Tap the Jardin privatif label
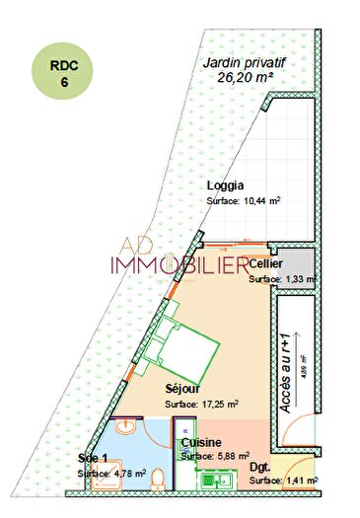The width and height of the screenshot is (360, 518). (242, 62)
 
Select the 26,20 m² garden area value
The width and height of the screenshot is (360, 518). (241, 78)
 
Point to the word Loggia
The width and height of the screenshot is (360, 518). (225, 185)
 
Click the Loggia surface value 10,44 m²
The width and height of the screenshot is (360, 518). (244, 200)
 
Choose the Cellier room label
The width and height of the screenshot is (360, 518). (267, 264)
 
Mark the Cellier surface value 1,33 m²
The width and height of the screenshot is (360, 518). (282, 279)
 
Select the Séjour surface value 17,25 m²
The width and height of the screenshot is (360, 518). (201, 404)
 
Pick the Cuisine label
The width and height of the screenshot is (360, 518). (201, 443)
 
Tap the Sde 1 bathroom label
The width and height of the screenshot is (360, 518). (94, 460)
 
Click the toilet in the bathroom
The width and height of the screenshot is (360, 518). (157, 480)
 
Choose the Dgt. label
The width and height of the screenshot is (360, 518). (261, 468)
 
